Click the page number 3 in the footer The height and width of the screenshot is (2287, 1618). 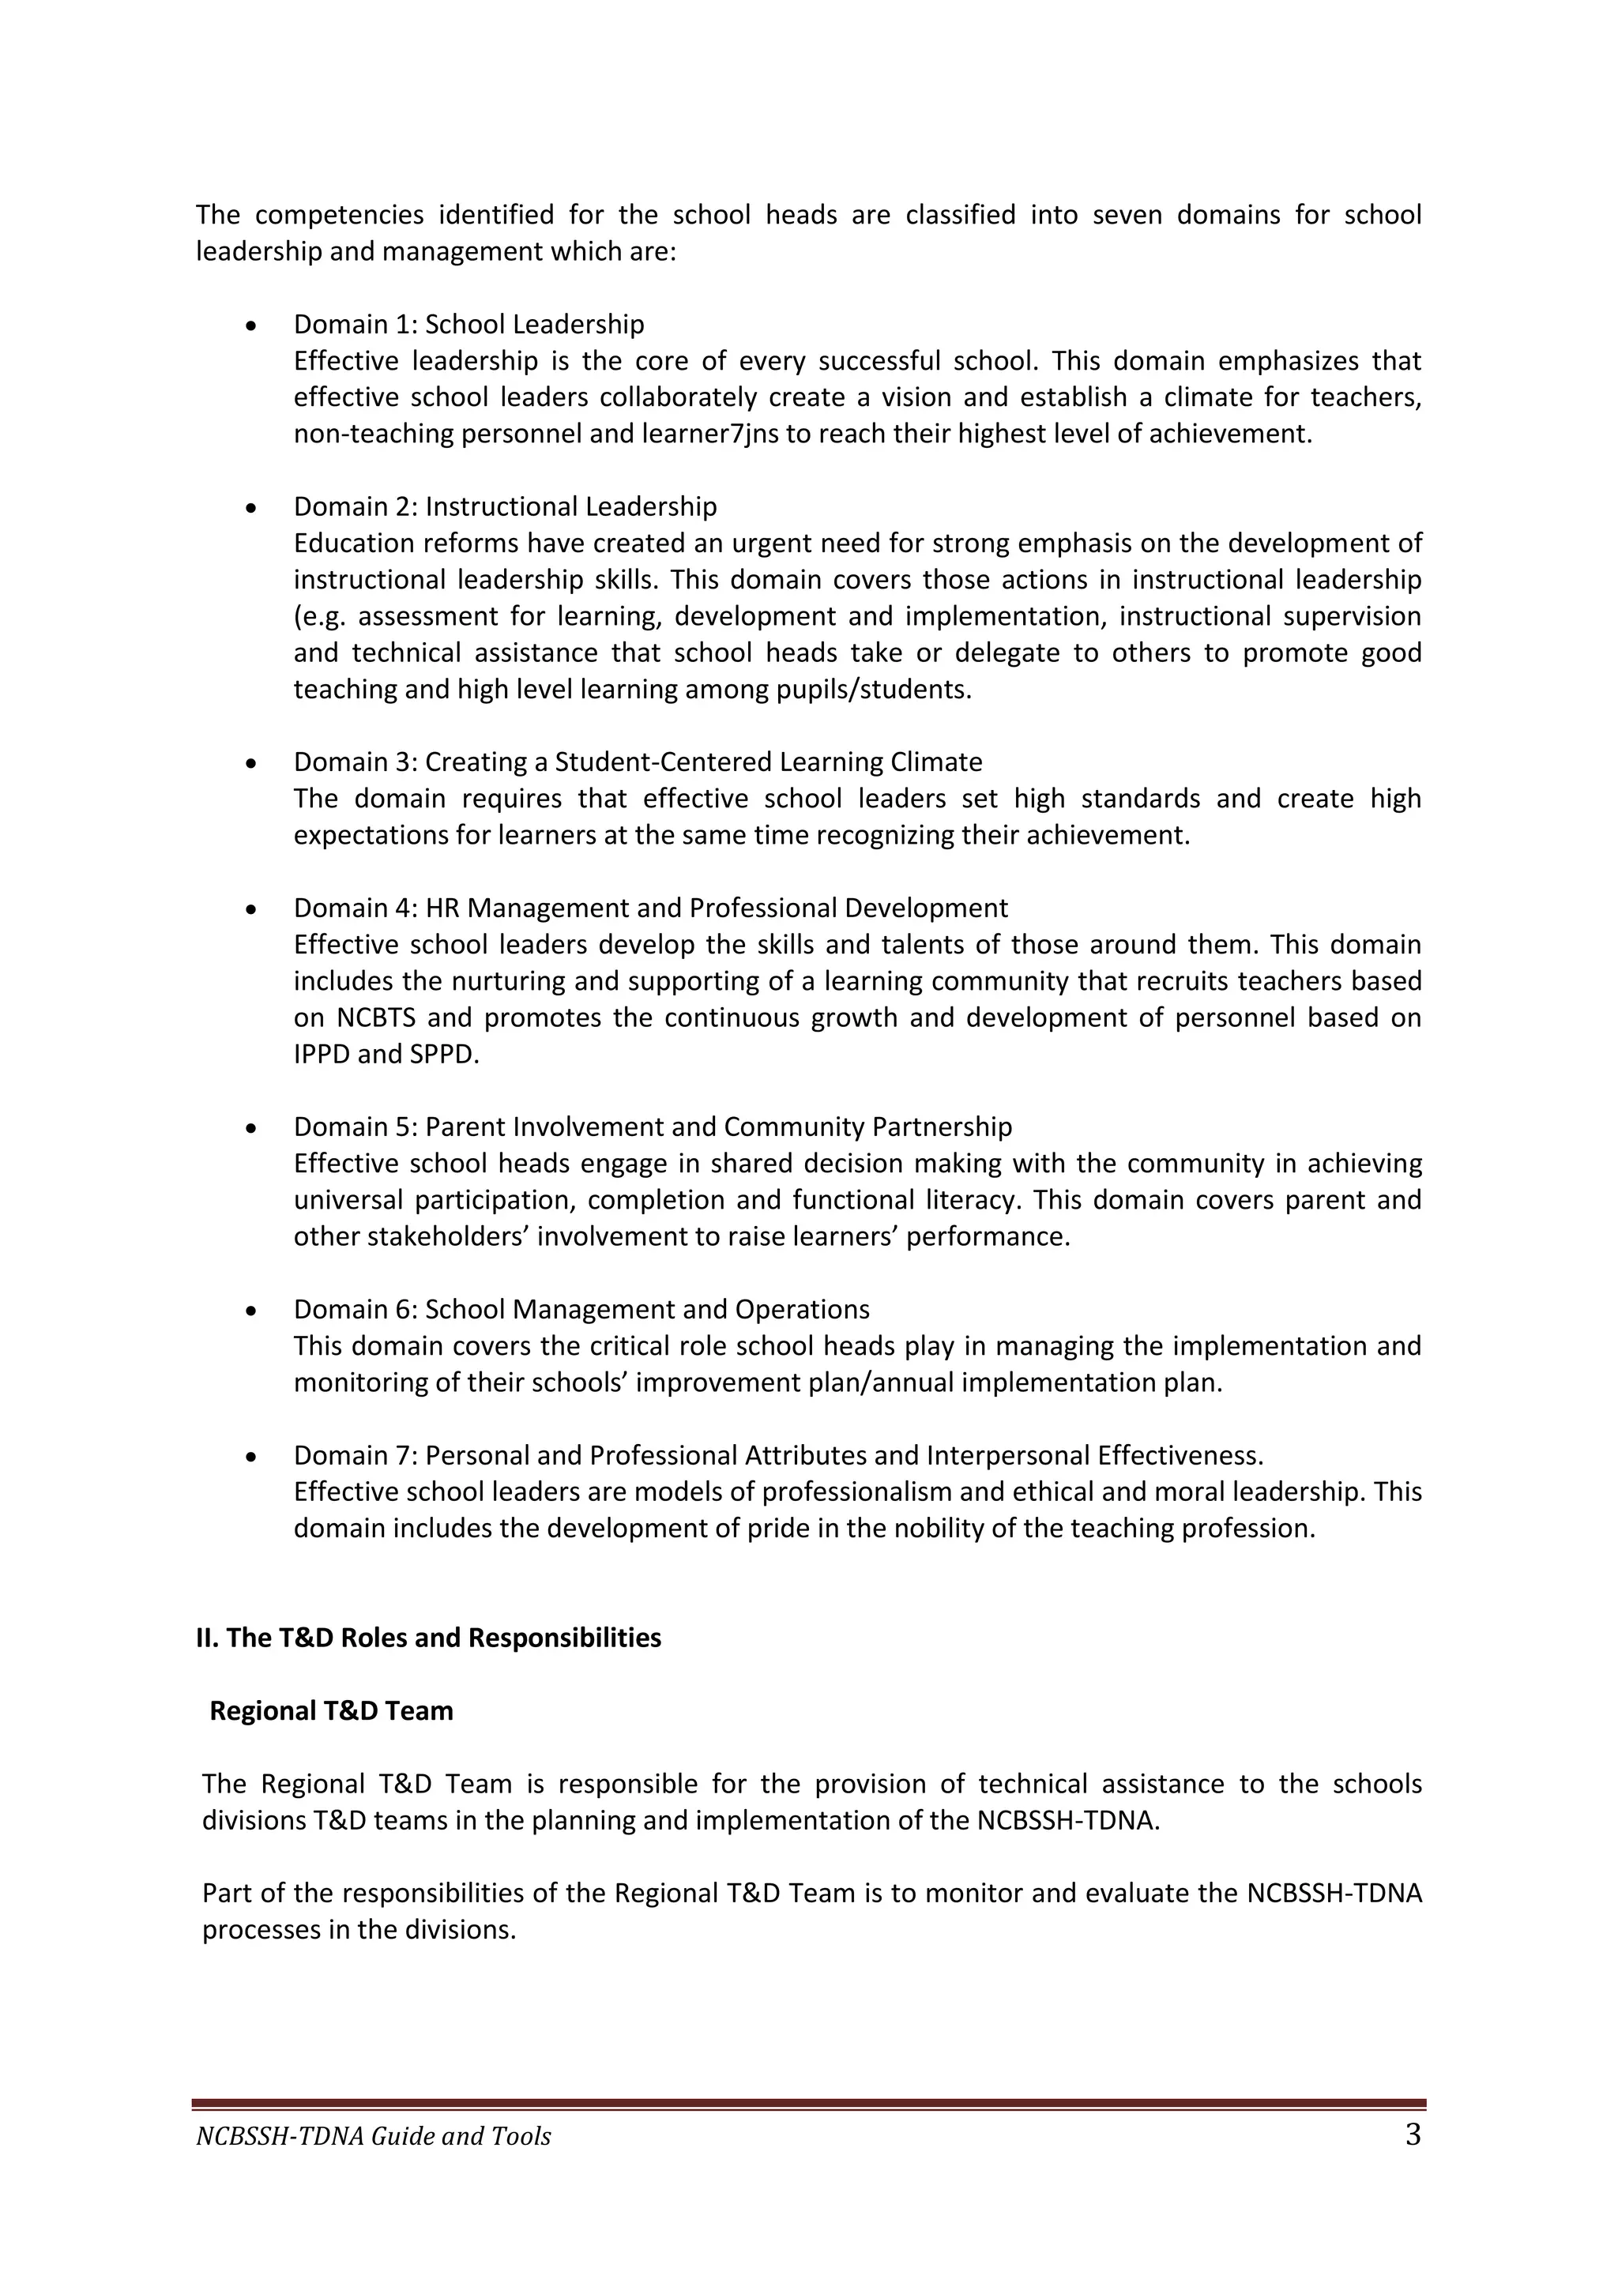(x=1412, y=2135)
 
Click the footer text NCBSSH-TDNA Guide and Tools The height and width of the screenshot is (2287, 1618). (x=373, y=2137)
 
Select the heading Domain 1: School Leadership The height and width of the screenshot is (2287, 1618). (x=468, y=325)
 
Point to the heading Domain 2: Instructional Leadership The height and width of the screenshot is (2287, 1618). (x=504, y=507)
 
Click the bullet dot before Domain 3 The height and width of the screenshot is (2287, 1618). (x=251, y=763)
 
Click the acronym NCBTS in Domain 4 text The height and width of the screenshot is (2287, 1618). (x=382, y=1018)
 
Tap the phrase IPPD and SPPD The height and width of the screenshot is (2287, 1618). (x=386, y=1054)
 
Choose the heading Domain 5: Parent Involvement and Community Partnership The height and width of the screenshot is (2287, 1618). (x=653, y=1127)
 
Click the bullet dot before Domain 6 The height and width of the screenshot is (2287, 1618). (x=251, y=1311)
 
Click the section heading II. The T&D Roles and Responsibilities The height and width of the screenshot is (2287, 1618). (x=428, y=1638)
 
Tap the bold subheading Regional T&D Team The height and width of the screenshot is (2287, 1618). (x=331, y=1711)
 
